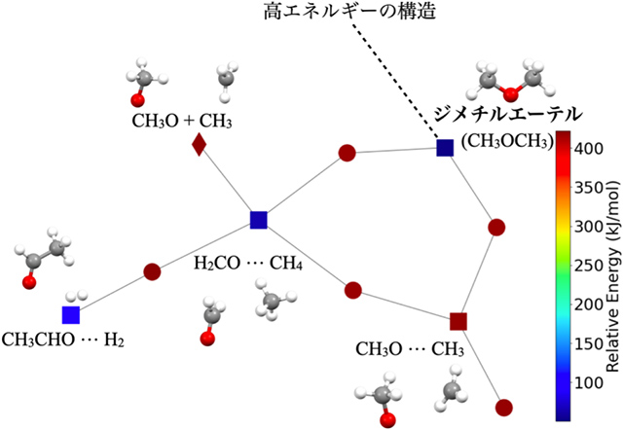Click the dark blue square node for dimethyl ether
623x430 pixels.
pyautogui.click(x=445, y=148)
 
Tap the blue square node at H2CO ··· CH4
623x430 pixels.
pyautogui.click(x=259, y=220)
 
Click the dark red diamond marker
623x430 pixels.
pyautogui.click(x=199, y=146)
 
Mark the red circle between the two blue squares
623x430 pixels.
pyautogui.click(x=346, y=153)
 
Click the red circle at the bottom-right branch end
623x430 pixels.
pyautogui.click(x=503, y=408)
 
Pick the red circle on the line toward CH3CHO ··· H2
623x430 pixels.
pyautogui.click(x=152, y=272)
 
